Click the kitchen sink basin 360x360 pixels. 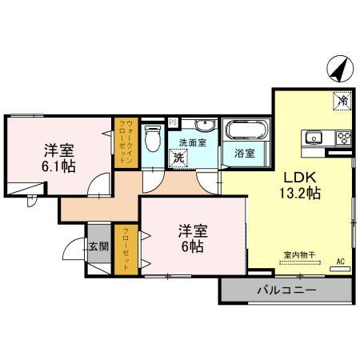[312, 136]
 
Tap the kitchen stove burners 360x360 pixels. [343, 137]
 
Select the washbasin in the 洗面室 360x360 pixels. [204, 126]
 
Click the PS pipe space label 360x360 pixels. [173, 122]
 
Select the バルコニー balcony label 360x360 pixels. [286, 290]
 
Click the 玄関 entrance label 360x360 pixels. [97, 246]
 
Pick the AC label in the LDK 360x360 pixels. [340, 262]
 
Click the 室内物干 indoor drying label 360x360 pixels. [299, 255]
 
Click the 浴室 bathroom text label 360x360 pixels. [244, 153]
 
